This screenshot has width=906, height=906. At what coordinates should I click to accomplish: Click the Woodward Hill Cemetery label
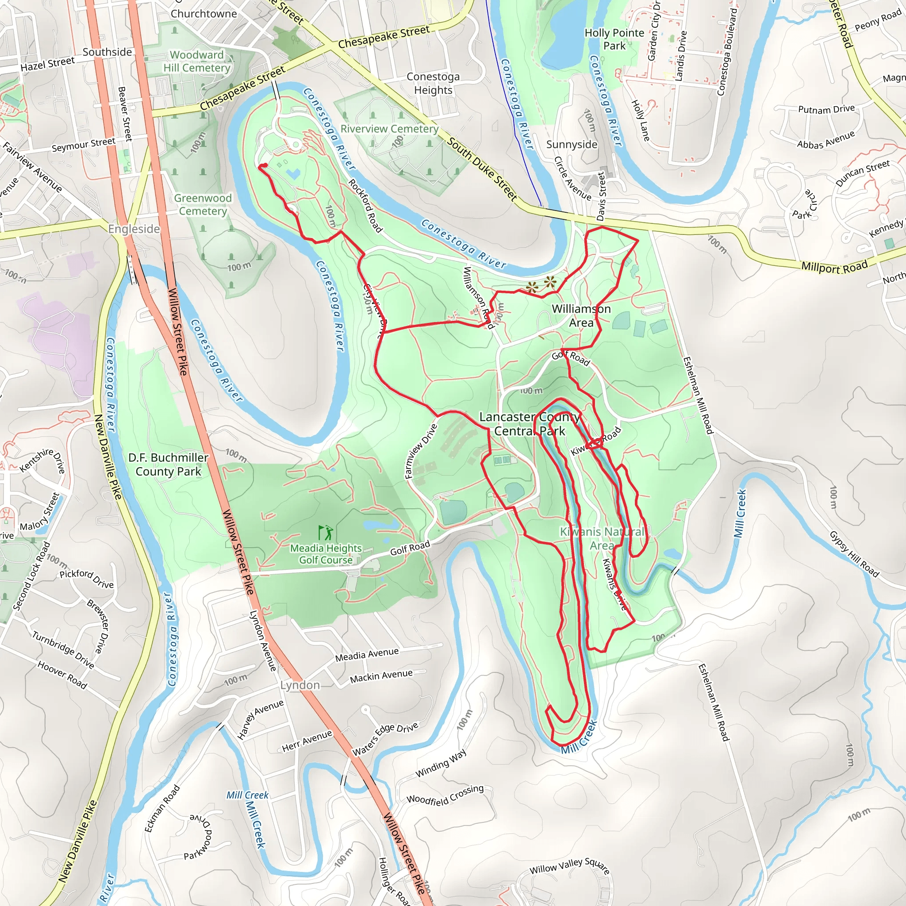(x=196, y=61)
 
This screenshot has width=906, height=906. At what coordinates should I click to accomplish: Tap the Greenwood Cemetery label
(x=203, y=204)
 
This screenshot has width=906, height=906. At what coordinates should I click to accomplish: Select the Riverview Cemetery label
(x=389, y=129)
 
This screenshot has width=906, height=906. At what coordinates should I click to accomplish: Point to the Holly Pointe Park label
(x=614, y=39)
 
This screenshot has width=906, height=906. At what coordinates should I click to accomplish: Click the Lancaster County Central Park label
(x=530, y=424)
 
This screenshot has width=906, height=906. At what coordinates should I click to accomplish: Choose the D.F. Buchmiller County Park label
(x=169, y=464)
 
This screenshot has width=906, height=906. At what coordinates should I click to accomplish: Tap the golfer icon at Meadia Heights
(x=326, y=533)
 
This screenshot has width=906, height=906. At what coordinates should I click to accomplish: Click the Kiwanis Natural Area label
(x=602, y=538)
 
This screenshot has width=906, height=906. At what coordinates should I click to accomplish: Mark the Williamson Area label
(x=581, y=315)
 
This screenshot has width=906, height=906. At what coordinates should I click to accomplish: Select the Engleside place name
(x=134, y=229)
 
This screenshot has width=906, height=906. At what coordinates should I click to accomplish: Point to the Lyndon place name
(x=299, y=685)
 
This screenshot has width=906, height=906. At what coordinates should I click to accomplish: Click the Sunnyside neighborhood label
(x=572, y=144)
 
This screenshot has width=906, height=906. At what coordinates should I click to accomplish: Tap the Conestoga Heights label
(x=433, y=84)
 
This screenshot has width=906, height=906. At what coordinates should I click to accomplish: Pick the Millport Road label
(x=834, y=267)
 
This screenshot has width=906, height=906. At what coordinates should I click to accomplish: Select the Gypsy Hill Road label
(x=854, y=554)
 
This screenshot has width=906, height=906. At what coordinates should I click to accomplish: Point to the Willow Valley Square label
(x=569, y=866)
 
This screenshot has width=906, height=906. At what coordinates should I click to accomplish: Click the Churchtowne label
(x=203, y=14)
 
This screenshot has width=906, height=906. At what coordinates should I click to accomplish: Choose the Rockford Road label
(x=365, y=205)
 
